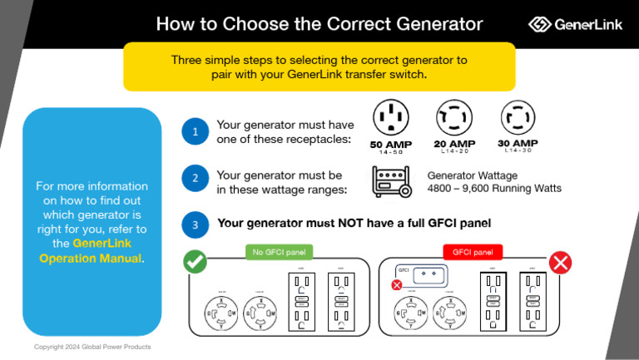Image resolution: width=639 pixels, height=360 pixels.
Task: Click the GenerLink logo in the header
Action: click(574, 24)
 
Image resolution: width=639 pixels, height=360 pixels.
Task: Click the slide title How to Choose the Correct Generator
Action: click(319, 24)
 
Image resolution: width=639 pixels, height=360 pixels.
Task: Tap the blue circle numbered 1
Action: click(194, 131)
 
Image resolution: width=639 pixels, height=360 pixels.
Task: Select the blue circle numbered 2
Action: click(194, 178)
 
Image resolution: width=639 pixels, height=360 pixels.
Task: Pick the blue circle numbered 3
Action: click(194, 224)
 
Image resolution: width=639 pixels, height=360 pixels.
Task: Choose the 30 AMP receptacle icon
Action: click(517, 117)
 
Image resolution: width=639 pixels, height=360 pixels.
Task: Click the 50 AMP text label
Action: click(390, 145)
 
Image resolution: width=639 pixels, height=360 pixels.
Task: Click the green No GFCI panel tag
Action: click(279, 252)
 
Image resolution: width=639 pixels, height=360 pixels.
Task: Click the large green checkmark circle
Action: click(195, 263)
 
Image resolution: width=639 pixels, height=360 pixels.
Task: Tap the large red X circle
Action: click(561, 263)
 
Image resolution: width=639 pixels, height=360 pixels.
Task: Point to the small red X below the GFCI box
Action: click(397, 284)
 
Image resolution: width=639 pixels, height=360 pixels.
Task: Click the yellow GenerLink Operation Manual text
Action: click(91, 250)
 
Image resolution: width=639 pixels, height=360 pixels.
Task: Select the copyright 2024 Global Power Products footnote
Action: click(92, 346)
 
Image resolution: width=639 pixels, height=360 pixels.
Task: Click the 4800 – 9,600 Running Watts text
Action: click(494, 189)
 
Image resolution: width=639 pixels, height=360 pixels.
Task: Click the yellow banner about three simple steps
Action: click(319, 67)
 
